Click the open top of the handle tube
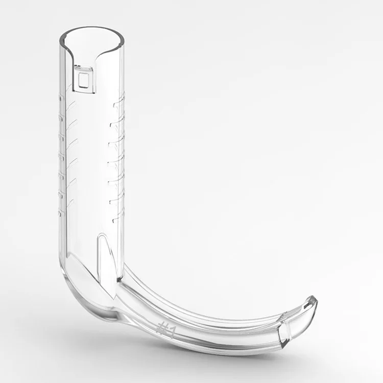point(92,39)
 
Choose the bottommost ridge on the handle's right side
point(118,218)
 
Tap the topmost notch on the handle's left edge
point(59,98)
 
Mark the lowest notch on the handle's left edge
point(59,213)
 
